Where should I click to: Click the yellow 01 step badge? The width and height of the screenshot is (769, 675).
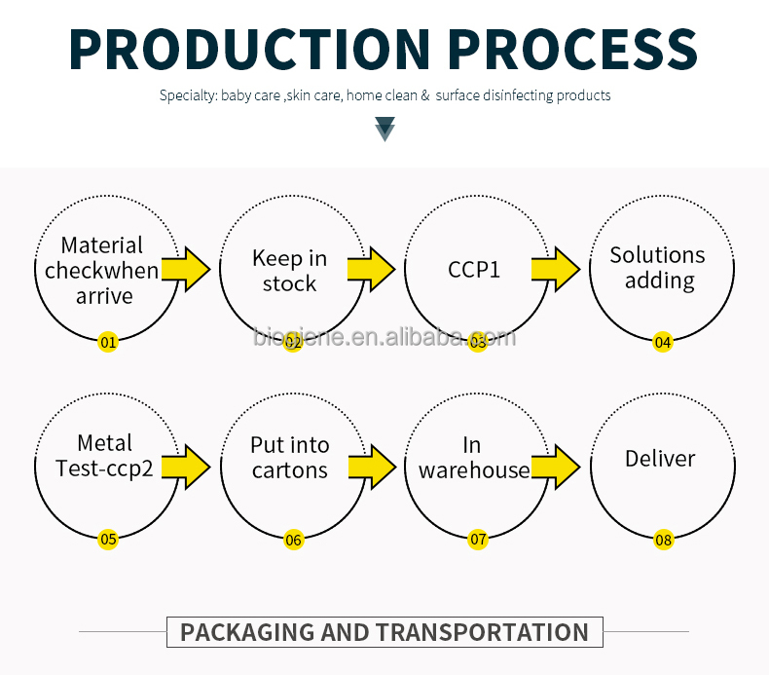tap(108, 342)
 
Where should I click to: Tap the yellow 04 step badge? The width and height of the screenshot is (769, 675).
tap(663, 342)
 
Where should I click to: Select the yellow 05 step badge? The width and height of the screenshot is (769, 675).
tap(108, 540)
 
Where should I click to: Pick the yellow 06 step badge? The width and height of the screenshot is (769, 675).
tap(293, 540)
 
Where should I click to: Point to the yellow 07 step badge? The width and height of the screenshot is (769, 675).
tap(478, 540)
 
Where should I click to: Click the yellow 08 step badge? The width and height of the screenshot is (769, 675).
tap(663, 540)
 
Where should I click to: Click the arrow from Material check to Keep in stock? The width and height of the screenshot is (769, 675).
tap(186, 269)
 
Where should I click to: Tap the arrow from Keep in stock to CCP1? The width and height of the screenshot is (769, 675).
tap(371, 269)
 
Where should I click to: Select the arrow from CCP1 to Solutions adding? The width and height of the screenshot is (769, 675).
tap(556, 269)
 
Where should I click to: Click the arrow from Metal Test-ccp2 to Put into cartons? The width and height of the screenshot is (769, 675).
tap(186, 467)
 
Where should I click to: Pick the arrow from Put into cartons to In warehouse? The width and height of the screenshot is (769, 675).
tap(371, 467)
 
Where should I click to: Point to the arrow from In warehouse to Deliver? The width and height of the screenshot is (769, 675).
tap(556, 467)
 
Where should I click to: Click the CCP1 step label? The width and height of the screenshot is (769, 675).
tap(474, 269)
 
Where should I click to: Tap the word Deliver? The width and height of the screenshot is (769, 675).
tap(660, 458)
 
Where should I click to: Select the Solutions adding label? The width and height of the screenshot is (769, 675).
tap(658, 268)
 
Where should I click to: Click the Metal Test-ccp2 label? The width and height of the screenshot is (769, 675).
tap(104, 457)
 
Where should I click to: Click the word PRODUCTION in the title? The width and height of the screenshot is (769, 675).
tap(249, 48)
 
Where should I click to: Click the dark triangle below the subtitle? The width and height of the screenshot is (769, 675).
tap(385, 129)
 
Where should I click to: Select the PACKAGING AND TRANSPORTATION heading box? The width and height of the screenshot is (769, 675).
tap(384, 632)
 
